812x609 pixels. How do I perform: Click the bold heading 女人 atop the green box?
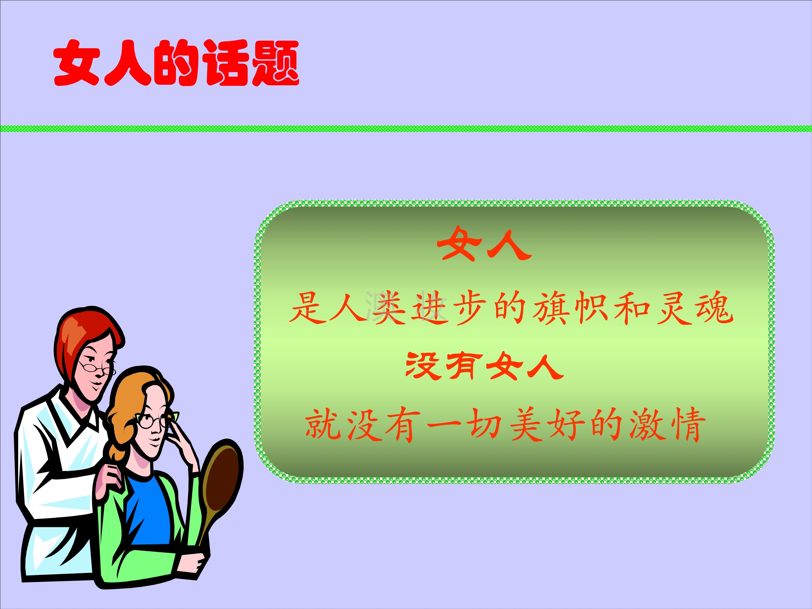coord(484,244)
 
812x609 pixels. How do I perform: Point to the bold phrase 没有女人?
coord(484,366)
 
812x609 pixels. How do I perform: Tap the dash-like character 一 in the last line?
coord(444,425)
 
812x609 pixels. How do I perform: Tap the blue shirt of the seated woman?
coord(149,510)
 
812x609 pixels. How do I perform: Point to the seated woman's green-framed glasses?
coord(156,420)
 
